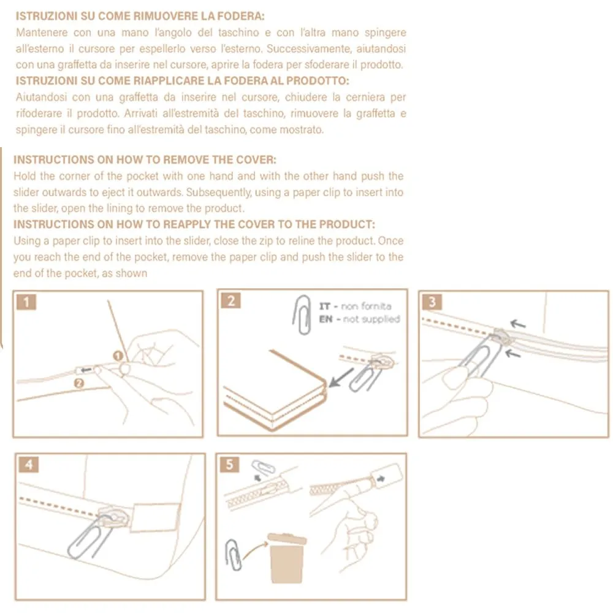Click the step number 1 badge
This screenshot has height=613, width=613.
tap(26, 302)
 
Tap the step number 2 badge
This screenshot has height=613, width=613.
tap(230, 300)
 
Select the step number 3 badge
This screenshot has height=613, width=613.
tap(432, 302)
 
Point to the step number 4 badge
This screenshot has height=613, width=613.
tap(29, 465)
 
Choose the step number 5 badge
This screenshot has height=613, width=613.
tap(229, 465)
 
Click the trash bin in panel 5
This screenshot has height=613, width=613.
tap(286, 558)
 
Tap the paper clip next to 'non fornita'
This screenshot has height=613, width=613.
tap(302, 314)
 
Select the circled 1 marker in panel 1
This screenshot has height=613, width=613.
tap(118, 356)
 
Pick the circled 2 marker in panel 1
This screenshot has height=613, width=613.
tap(79, 383)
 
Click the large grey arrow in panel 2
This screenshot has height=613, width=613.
tap(341, 377)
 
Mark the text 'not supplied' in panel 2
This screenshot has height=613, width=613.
tap(371, 319)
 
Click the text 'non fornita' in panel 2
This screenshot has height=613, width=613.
tap(366, 306)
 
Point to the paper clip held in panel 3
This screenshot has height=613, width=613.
tap(479, 358)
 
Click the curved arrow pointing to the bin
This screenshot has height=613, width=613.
tap(254, 550)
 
